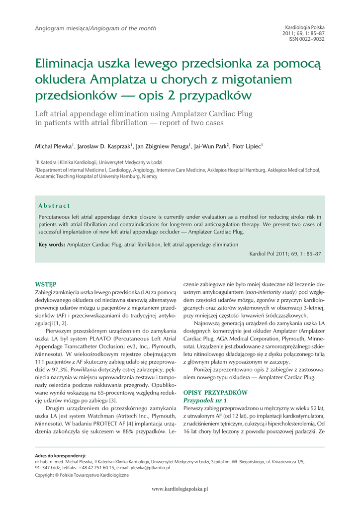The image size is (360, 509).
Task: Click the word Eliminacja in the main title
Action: tap(68, 64)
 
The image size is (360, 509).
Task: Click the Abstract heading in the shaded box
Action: tap(54, 206)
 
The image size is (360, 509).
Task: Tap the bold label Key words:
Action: tap(52, 245)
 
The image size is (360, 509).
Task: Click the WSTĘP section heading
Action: tap(45, 284)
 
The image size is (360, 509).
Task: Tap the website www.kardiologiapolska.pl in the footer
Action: tap(180, 489)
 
